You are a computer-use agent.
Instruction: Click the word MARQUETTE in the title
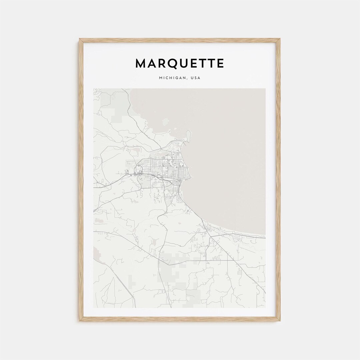[x=180, y=63]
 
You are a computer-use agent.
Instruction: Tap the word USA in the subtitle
[x=195, y=78]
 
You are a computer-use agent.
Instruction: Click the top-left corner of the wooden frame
[x=80, y=39]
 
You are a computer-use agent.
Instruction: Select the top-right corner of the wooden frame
[x=280, y=39]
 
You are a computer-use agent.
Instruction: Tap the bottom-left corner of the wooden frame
[x=80, y=321]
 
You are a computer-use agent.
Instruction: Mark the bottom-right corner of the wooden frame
[x=280, y=321]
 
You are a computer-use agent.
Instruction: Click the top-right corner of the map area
[x=265, y=89]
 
